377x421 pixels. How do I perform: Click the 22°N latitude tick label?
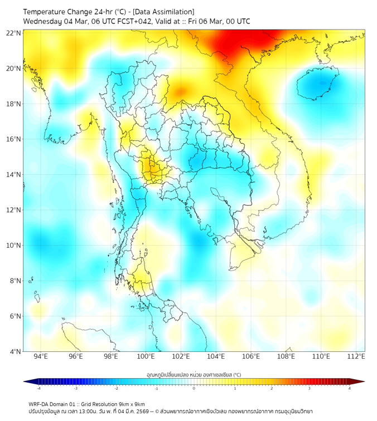click(x=14, y=33)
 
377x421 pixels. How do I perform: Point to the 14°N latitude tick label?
click(x=14, y=175)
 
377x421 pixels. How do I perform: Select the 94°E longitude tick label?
click(x=41, y=356)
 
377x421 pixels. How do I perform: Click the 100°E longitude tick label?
click(x=146, y=356)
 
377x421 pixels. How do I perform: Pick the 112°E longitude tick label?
click(x=356, y=356)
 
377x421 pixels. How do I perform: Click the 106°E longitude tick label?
click(x=251, y=356)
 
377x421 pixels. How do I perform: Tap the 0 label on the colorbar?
click(x=194, y=388)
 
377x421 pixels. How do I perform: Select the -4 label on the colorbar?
click(x=38, y=388)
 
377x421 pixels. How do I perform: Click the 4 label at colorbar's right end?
click(x=350, y=388)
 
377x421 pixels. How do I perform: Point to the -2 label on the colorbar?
click(x=115, y=388)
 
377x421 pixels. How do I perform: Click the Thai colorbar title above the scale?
click(x=194, y=374)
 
